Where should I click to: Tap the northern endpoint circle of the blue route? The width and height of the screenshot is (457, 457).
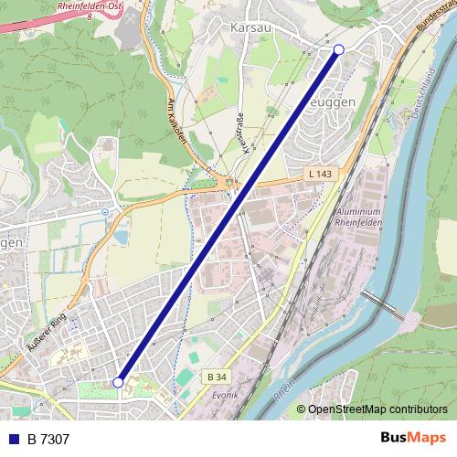pos(339,49)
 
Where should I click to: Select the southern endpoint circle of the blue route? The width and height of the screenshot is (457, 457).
pos(118,382)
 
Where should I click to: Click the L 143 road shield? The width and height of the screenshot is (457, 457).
pos(319,174)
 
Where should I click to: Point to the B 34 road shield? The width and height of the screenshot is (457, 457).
pos(217,377)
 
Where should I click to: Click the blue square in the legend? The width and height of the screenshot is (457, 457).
pos(14,440)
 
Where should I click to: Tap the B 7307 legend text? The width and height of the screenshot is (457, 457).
pos(48,440)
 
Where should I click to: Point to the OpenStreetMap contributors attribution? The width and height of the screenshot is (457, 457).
pos(377,409)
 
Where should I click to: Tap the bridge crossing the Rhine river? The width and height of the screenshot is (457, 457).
pos(381,304)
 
